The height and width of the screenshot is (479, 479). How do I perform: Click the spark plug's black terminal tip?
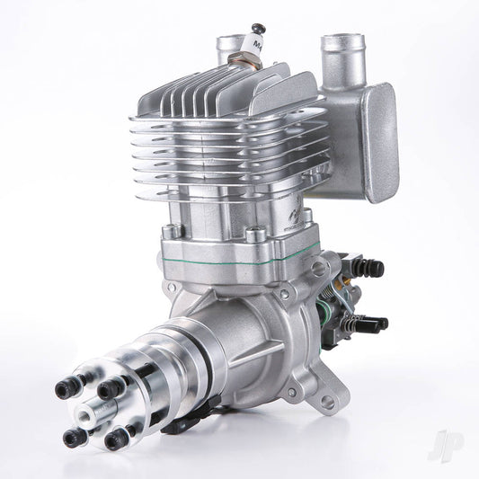pyautogui.click(x=259, y=28)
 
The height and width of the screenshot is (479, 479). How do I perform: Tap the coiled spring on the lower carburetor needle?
pyautogui.click(x=351, y=318)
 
